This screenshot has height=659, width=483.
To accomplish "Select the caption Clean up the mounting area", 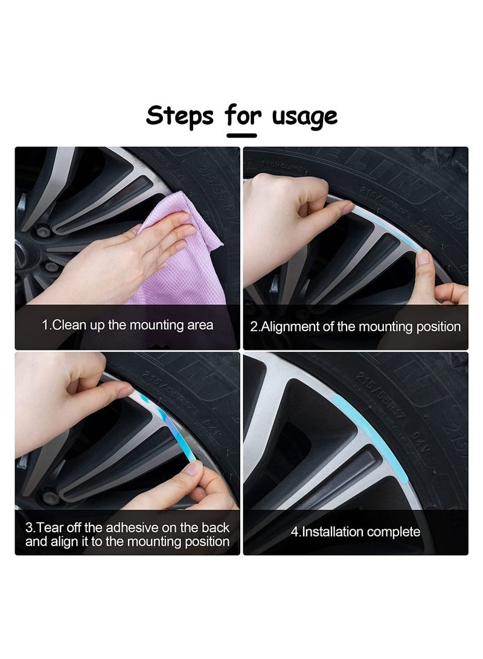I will coord(127,325).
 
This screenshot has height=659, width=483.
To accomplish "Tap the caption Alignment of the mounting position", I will coord(356,327).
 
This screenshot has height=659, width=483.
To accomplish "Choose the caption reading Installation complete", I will coord(356,532).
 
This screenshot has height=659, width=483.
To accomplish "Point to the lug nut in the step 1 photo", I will coord(43,231).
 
